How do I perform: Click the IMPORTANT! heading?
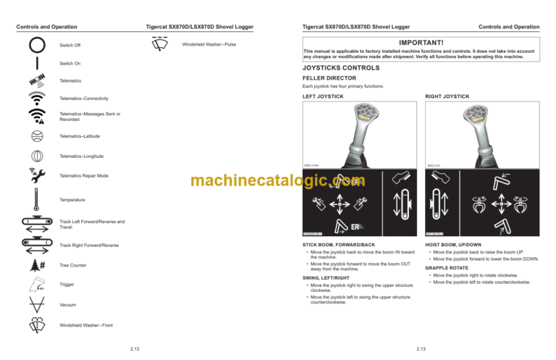click(421, 43)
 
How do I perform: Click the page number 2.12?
click(135, 349)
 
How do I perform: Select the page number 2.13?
click(421, 349)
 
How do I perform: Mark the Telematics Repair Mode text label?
click(84, 176)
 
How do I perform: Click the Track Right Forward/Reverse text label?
click(90, 245)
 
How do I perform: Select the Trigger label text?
click(68, 285)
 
